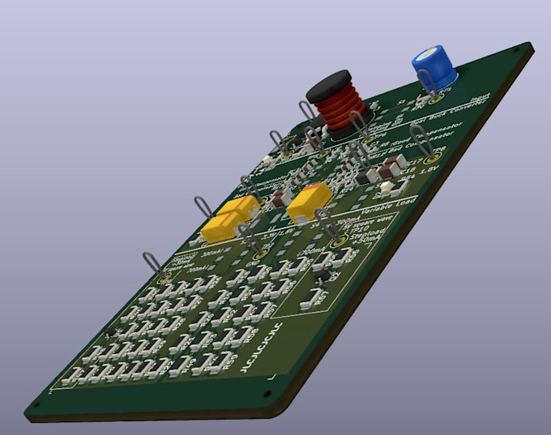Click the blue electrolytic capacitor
434,66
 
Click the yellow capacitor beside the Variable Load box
309,202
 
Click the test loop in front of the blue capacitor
429,87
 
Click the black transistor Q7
322,277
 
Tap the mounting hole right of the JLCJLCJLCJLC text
268,394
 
